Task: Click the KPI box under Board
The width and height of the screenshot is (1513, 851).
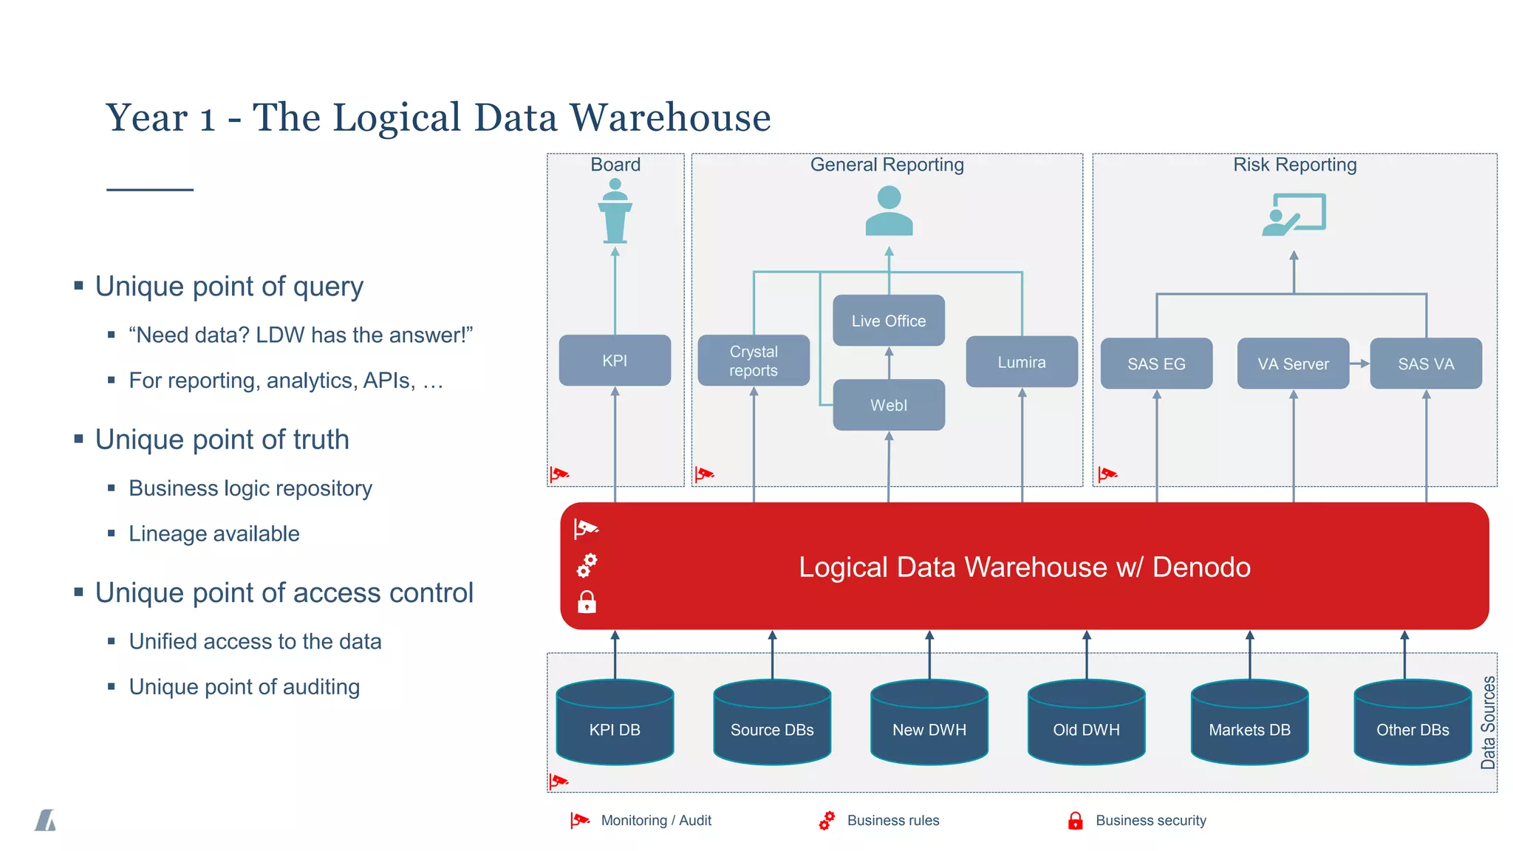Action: point(615,360)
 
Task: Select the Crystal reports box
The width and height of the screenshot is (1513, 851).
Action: point(754,360)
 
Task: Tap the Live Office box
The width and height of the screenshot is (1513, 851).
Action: point(888,321)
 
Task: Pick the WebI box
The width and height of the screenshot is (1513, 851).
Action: point(888,405)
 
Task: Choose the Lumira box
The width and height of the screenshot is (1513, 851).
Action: point(1022,362)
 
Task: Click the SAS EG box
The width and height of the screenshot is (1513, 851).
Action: point(1156,363)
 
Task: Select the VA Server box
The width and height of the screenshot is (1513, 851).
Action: point(1293,363)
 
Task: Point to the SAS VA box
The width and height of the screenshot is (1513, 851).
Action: point(1426,363)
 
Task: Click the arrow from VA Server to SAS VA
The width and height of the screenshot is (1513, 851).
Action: point(1359,363)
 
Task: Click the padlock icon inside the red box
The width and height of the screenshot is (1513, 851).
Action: point(587,602)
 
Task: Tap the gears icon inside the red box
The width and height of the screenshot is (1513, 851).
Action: point(587,566)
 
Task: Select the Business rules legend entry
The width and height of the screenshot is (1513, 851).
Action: point(892,820)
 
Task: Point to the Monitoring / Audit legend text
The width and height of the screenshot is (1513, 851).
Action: point(656,820)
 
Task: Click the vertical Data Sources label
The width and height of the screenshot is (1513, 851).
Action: point(1488,722)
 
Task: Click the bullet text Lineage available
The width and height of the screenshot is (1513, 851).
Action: point(214,533)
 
